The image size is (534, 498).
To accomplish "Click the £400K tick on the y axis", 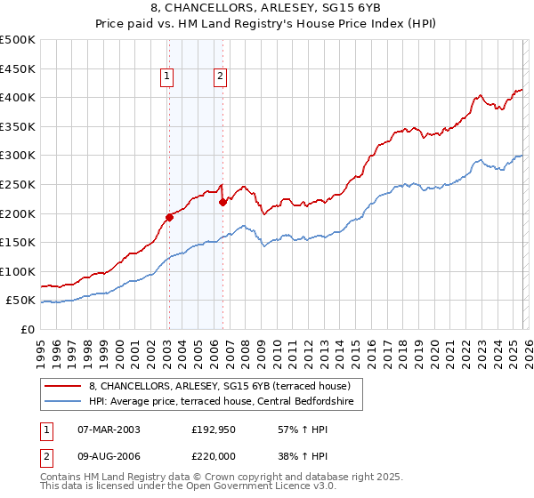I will point(18,97).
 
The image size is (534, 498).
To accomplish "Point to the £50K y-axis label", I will point(20,301).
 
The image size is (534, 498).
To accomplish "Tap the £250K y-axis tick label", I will point(18,184).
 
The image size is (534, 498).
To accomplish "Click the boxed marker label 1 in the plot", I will point(168,77).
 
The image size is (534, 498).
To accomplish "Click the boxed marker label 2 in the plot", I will point(220,77).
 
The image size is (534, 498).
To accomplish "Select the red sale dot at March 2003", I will point(169,217).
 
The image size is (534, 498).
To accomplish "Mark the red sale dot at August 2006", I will point(222,202).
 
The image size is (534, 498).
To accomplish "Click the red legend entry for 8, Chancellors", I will point(220,386).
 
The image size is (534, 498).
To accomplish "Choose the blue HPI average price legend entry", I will point(222,402).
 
